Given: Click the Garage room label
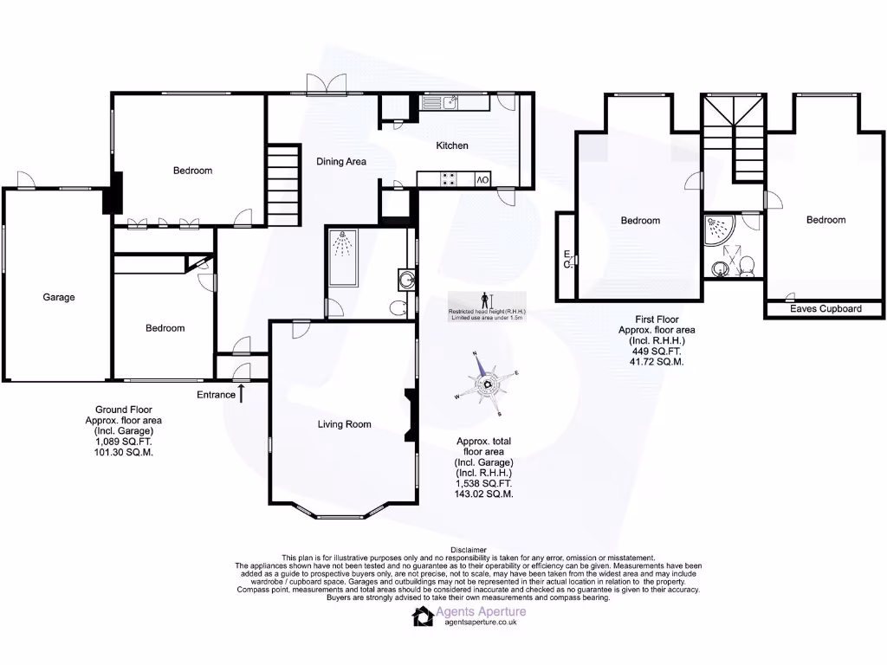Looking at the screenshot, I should pyautogui.click(x=59, y=297).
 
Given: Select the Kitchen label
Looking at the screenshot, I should pyautogui.click(x=451, y=145).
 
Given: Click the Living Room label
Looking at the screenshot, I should pyautogui.click(x=344, y=424).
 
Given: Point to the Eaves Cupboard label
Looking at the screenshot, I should pyautogui.click(x=825, y=308).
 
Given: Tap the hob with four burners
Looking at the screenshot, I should pyautogui.click(x=450, y=179).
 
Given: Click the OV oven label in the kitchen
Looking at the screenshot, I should pyautogui.click(x=482, y=179).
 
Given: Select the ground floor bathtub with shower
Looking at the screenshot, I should pyautogui.click(x=346, y=258).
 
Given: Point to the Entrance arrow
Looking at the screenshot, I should pyautogui.click(x=242, y=394).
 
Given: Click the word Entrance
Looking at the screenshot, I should pyautogui.click(x=216, y=395).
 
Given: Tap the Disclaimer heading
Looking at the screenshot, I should pyautogui.click(x=469, y=550).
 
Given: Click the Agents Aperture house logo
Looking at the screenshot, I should pyautogui.click(x=423, y=615).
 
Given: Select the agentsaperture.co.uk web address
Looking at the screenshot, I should pyautogui.click(x=480, y=622).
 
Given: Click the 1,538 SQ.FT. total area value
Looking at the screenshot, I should pyautogui.click(x=484, y=484).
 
